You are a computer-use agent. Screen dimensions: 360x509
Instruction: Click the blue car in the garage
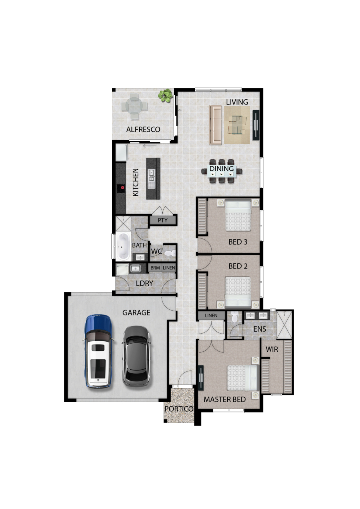[x=98, y=351]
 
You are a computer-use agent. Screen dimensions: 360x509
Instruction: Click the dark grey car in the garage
[x=136, y=356]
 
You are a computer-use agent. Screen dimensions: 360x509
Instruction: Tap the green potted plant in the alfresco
[x=165, y=96]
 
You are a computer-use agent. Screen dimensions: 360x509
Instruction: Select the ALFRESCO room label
[x=143, y=129]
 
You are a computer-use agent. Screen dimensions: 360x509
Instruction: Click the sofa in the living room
[x=216, y=125]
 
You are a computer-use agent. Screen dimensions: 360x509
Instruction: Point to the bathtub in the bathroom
[x=123, y=246]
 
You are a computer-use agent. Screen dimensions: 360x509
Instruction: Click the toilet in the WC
[x=169, y=253]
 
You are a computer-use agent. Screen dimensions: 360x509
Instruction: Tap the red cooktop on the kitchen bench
[x=122, y=188]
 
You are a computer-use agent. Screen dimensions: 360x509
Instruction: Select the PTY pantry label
[x=162, y=220]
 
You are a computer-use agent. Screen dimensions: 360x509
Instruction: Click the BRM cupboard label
[x=155, y=268]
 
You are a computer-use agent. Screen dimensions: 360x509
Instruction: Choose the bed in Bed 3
[x=238, y=215]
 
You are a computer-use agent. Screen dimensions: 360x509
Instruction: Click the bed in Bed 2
[x=238, y=291]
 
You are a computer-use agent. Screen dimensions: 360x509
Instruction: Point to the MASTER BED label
[x=225, y=399]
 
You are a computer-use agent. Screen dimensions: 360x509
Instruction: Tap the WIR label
[x=271, y=349]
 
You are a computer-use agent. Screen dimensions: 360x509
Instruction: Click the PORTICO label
[x=179, y=409]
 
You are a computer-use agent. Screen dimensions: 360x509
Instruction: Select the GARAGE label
[x=136, y=312]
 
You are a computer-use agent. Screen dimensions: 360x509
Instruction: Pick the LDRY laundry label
[x=144, y=283]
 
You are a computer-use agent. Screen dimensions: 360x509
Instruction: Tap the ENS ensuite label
[x=260, y=329]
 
